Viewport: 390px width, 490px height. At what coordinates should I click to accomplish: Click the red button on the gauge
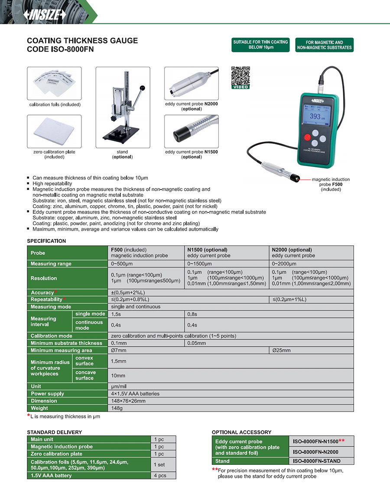tap(308, 138)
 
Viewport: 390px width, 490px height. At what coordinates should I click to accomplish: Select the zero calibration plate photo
tap(54, 131)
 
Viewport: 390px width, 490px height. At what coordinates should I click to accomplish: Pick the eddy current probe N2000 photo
tap(191, 84)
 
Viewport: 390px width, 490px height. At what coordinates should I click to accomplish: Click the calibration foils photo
tap(54, 84)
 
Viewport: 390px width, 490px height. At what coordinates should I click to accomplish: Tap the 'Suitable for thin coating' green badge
tap(260, 45)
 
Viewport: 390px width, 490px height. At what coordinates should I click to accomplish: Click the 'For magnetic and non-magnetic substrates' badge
tap(324, 45)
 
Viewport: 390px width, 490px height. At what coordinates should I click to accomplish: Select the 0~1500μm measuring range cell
tap(227, 264)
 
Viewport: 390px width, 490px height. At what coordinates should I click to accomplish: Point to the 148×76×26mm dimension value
tap(128, 401)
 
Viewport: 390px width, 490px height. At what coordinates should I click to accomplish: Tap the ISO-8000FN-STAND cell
tap(321, 461)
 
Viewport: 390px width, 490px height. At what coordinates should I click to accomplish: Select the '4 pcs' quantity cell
tap(163, 475)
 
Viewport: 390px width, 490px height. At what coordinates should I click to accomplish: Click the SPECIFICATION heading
tap(46, 241)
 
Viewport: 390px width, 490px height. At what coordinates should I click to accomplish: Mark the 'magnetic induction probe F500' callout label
tap(331, 184)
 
